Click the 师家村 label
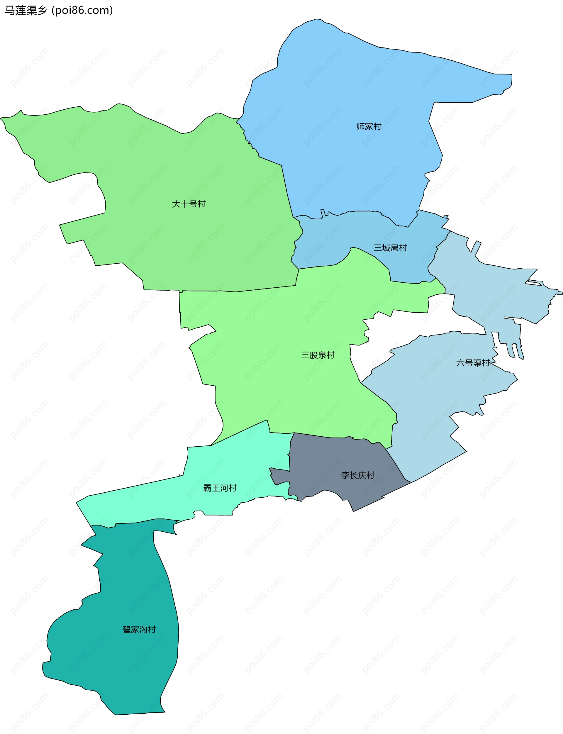coord(369,127)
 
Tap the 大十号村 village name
coord(188,204)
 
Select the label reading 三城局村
coord(390,248)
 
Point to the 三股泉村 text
coord(318,355)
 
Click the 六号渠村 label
coord(472,363)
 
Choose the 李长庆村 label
coord(357,475)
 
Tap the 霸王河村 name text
coord(220,488)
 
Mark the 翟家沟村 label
coord(139,629)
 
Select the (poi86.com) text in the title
coord(82,10)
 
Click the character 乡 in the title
coord(42,10)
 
